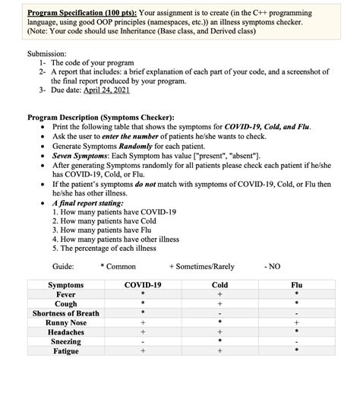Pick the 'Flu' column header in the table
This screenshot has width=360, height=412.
tap(296, 285)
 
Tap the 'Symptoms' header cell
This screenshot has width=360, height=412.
tap(66, 285)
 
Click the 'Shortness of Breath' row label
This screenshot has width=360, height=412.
tap(66, 313)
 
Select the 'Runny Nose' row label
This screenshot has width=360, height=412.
tap(66, 322)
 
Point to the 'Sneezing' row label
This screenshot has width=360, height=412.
tap(66, 341)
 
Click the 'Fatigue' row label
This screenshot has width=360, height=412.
tap(66, 351)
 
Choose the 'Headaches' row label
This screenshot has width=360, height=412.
tap(66, 332)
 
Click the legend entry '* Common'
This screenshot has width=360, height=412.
tap(118, 266)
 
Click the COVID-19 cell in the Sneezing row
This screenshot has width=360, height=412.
tap(142, 342)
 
